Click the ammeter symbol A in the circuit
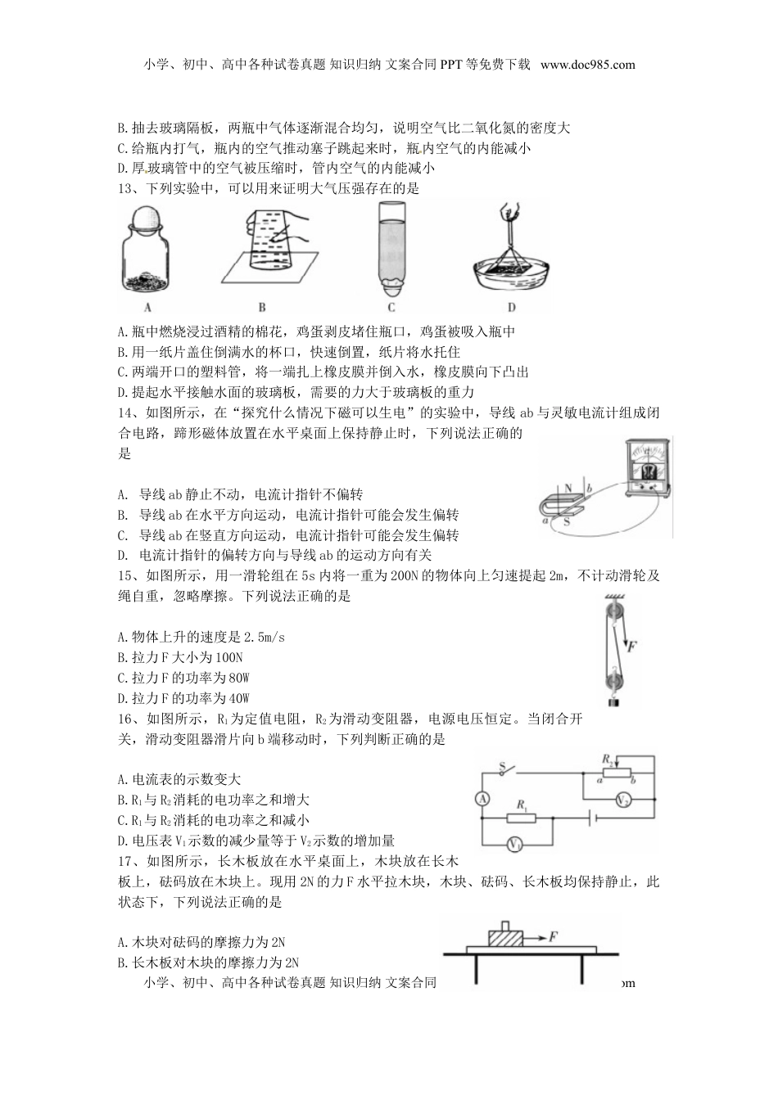[484, 799]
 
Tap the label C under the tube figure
[391, 308]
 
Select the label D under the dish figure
[511, 308]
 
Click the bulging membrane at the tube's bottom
[392, 286]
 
